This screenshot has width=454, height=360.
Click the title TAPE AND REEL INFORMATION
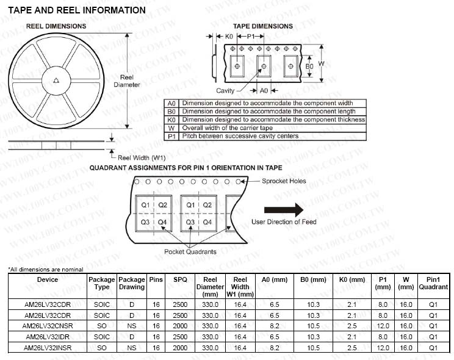(77, 10)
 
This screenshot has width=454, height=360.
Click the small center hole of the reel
(57, 81)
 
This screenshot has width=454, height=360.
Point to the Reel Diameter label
(126, 81)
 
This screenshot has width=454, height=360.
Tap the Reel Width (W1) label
(142, 158)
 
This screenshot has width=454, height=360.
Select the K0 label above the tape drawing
(229, 37)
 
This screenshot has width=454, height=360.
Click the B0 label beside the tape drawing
(309, 67)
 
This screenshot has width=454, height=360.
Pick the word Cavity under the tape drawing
(225, 91)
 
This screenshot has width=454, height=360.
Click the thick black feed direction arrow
(284, 210)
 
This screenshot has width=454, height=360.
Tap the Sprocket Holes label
(284, 181)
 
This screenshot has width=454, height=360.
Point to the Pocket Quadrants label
(190, 251)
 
